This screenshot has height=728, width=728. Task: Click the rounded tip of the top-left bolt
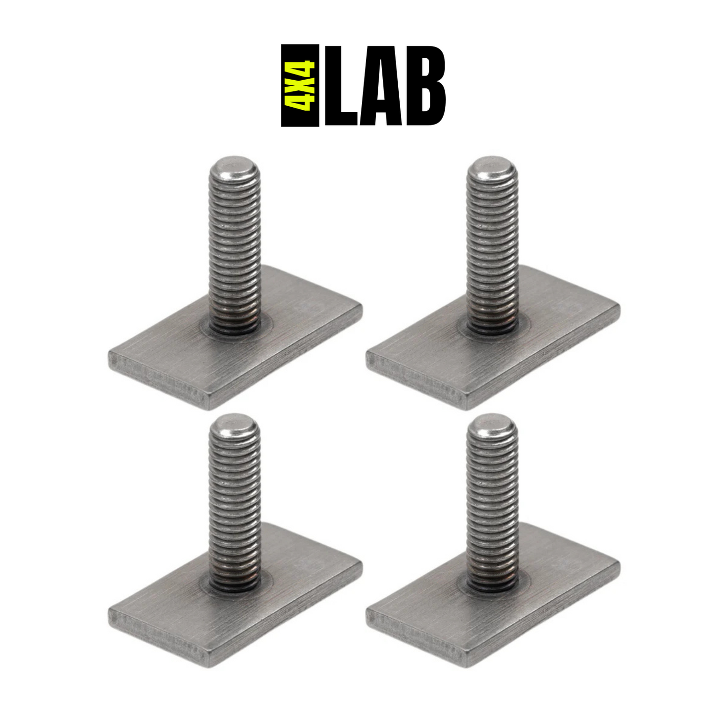(x=234, y=166)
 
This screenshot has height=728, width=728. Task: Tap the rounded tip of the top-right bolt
(x=492, y=166)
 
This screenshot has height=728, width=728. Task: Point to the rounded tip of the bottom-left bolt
(x=234, y=424)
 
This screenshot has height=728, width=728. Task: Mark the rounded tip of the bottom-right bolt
(x=492, y=424)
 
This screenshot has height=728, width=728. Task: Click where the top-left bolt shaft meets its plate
(x=235, y=327)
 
